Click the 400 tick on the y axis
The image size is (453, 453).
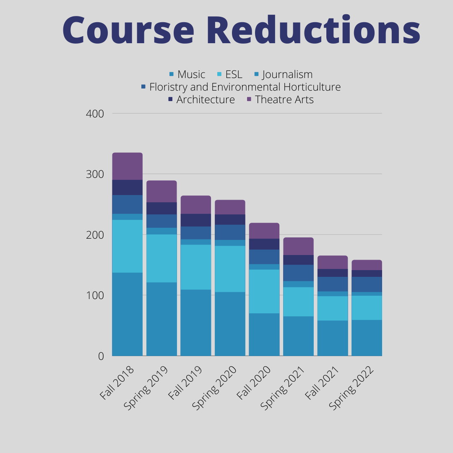[96, 114]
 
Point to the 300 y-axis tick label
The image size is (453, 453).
[96, 174]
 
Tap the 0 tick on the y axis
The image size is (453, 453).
[101, 356]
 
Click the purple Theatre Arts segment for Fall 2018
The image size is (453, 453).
[128, 166]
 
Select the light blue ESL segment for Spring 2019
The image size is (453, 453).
[161, 258]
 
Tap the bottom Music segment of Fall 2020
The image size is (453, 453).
[264, 335]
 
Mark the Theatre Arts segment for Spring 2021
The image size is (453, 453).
[298, 246]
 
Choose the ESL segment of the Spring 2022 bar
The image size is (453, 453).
[367, 308]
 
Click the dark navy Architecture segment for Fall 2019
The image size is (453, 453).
[196, 220]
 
